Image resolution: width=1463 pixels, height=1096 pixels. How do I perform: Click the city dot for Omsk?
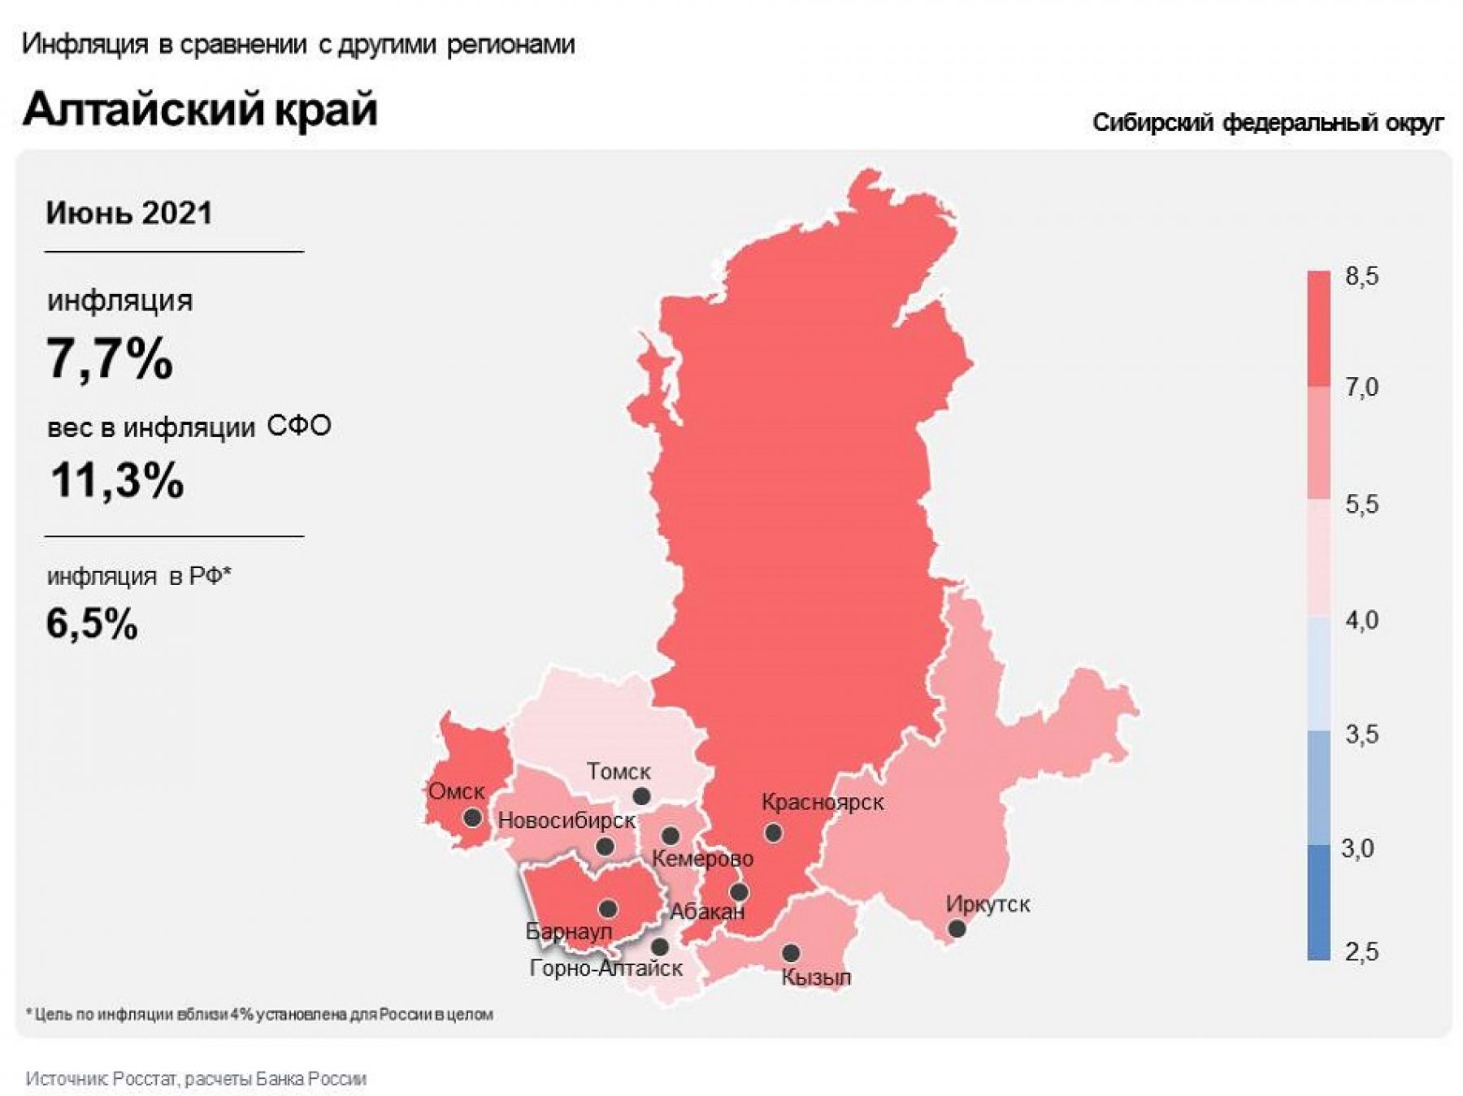(472, 817)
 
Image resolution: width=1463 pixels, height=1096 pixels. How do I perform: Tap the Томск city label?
(619, 771)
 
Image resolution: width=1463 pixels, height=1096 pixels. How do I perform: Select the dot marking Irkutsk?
(957, 928)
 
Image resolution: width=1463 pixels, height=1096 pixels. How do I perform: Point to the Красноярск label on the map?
(823, 802)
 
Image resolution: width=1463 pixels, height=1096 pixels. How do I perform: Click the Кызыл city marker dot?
(791, 952)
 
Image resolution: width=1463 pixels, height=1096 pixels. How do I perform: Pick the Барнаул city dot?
(608, 908)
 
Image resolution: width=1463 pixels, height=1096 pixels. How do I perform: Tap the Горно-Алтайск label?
(606, 968)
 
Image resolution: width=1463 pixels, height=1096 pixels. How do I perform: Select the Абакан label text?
(706, 912)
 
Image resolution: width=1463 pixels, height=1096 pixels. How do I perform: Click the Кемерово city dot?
(671, 835)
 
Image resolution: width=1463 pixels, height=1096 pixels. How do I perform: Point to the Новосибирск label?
(567, 820)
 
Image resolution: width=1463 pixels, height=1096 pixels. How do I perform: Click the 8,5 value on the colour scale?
(1361, 276)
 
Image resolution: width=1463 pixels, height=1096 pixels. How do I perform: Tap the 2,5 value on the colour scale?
(1361, 951)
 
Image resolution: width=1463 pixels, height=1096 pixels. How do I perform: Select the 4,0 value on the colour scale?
(1361, 620)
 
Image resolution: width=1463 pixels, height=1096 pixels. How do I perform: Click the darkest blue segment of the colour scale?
(1318, 902)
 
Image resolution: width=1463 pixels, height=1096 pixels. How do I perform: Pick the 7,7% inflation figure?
(110, 358)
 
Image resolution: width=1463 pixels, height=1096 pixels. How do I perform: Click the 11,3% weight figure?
(117, 479)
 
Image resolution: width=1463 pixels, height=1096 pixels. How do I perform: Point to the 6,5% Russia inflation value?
(92, 624)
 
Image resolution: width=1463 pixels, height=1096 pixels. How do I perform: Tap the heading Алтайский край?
(200, 109)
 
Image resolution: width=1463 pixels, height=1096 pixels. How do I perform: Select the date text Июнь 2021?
(129, 213)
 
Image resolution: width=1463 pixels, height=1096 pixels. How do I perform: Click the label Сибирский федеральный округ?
(1267, 123)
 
